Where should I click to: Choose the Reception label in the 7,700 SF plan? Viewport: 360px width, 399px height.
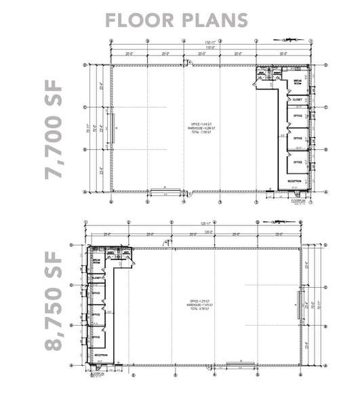tap(294, 181)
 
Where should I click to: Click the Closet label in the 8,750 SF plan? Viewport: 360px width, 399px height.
tap(96, 278)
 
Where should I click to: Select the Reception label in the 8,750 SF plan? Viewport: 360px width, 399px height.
tap(100, 355)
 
